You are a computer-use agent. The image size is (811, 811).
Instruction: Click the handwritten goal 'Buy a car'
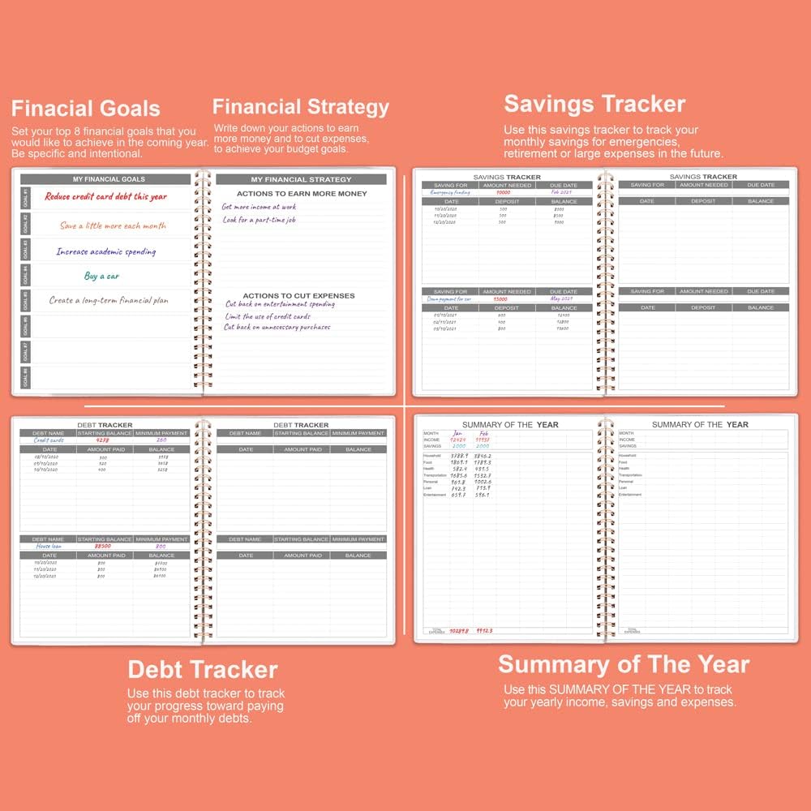click(102, 276)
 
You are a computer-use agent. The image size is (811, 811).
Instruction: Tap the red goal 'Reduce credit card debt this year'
click(105, 196)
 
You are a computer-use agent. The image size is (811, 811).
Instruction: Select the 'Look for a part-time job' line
click(260, 220)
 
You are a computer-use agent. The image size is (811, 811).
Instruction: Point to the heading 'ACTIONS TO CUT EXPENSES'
click(298, 296)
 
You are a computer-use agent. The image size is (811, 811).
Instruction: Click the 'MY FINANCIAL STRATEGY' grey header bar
click(301, 179)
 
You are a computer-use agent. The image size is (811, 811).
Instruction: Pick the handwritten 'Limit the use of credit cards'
click(268, 316)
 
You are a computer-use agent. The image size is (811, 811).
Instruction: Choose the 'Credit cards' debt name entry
click(48, 440)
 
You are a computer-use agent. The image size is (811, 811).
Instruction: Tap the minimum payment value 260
click(161, 440)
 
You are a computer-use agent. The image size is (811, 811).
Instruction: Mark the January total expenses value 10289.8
click(459, 630)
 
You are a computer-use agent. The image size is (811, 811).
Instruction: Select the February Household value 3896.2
click(483, 456)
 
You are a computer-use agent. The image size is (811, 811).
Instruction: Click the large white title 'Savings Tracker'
click(594, 104)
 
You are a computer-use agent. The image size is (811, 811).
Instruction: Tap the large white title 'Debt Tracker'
click(203, 670)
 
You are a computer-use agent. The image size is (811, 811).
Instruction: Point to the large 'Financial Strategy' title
click(301, 107)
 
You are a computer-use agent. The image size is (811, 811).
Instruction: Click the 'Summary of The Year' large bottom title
click(624, 665)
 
